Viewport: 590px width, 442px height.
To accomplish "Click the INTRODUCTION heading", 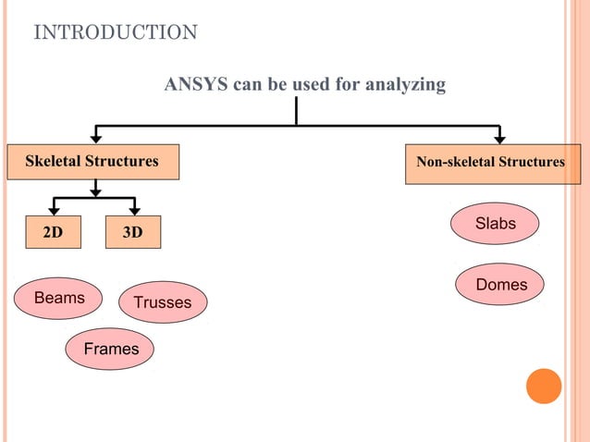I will (x=116, y=33).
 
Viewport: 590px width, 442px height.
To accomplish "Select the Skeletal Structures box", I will (x=92, y=162).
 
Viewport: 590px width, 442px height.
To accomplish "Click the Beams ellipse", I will (x=59, y=298).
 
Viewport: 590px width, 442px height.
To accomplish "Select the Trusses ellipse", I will (x=163, y=302).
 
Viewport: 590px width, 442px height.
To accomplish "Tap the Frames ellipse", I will (x=110, y=349).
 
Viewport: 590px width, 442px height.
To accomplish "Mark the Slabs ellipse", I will (x=496, y=224).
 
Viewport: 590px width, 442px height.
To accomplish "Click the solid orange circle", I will (x=544, y=386).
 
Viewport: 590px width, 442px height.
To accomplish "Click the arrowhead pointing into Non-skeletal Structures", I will (x=499, y=139).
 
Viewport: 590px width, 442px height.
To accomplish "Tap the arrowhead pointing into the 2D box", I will (x=55, y=212).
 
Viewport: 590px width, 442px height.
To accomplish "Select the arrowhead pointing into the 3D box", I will (x=133, y=212).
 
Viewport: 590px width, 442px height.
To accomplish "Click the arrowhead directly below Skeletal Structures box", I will (x=95, y=191).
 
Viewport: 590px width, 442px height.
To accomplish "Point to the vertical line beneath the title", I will (x=296, y=111).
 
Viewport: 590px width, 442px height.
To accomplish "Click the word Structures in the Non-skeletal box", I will (x=531, y=163).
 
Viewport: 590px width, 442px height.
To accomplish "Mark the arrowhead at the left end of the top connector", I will (x=95, y=139).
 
